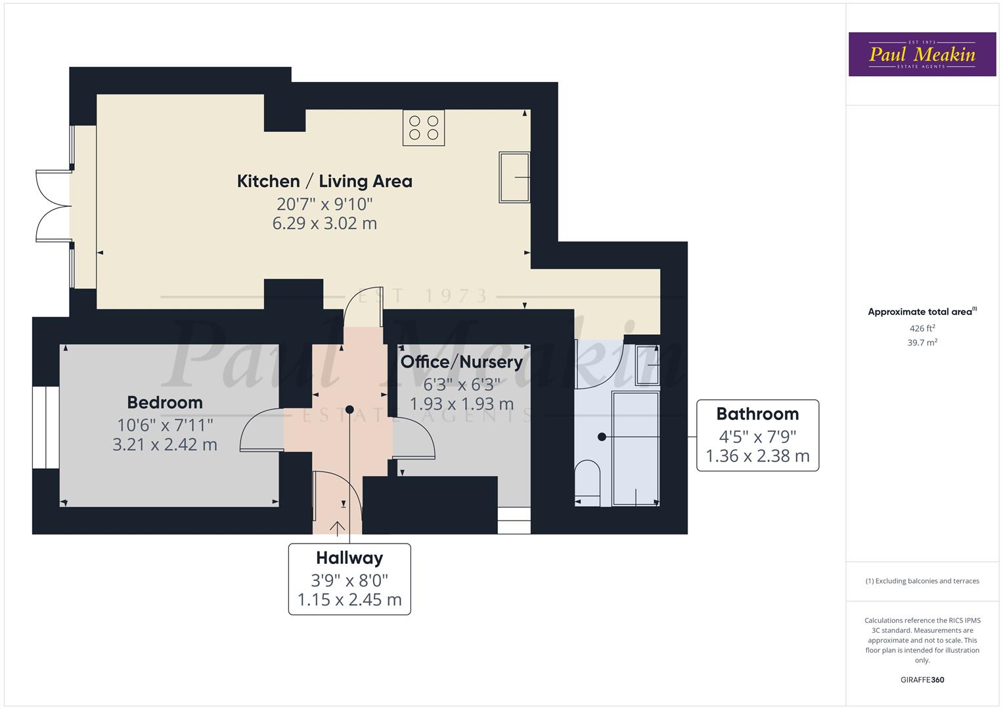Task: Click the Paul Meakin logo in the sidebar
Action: click(922, 54)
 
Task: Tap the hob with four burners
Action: click(424, 127)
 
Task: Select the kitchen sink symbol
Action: click(514, 177)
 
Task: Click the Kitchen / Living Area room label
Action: click(324, 181)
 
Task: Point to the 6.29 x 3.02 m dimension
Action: click(324, 223)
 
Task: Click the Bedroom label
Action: click(165, 402)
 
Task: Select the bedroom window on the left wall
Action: click(46, 427)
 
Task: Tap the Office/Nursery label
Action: click(461, 362)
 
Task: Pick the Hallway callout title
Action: click(349, 558)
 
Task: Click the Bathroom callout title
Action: click(757, 414)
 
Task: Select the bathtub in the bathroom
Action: click(635, 448)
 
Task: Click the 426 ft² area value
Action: click(922, 328)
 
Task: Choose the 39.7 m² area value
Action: click(922, 342)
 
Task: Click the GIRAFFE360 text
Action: click(922, 679)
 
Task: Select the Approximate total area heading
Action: click(922, 312)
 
